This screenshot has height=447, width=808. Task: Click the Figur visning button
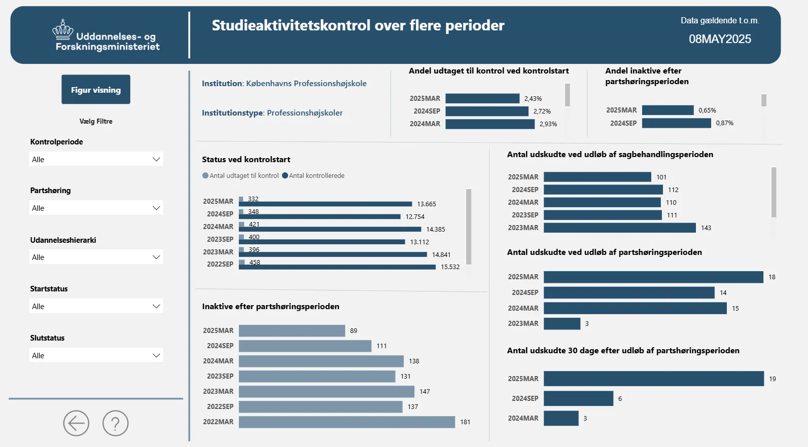coord(96,90)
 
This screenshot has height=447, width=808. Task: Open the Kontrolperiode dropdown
coord(96,159)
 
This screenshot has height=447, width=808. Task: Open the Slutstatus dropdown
coord(96,355)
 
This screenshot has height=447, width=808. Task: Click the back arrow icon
coord(76,423)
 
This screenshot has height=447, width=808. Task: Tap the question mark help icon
coord(116,423)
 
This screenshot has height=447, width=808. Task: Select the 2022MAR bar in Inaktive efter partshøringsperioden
coord(346,422)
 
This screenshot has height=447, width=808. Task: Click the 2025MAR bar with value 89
coord(292,330)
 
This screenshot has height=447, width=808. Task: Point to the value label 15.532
coord(450,267)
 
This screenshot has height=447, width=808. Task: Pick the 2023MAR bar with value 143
coord(619,228)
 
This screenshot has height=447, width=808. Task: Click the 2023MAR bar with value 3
coord(561,323)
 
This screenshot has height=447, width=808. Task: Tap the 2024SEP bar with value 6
coord(578,398)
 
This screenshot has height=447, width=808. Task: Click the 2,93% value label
coord(548,124)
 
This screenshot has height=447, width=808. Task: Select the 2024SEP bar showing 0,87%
coord(676,123)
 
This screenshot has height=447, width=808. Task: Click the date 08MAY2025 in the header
coord(720,39)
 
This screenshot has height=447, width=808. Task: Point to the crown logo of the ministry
coord(63,30)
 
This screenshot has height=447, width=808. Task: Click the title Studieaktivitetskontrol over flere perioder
coord(358,25)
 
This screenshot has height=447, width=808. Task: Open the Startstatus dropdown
coord(96,306)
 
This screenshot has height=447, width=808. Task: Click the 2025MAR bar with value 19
coord(653,379)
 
